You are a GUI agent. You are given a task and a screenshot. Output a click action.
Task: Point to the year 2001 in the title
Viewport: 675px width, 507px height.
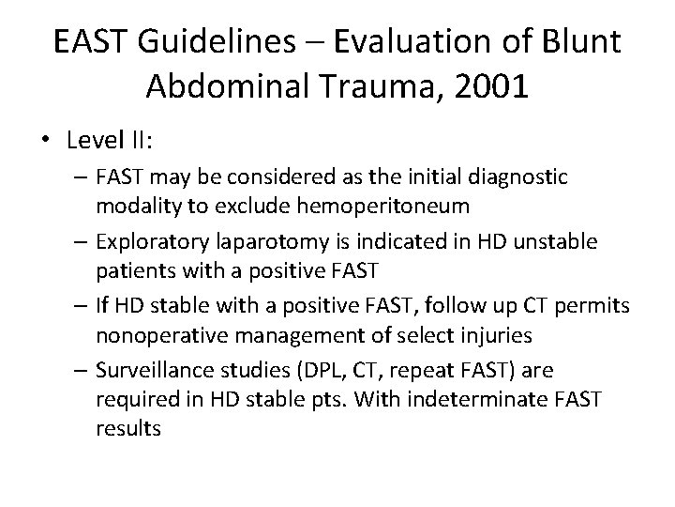(x=494, y=87)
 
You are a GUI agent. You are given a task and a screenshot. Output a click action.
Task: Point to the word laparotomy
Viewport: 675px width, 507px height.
(x=262, y=243)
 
